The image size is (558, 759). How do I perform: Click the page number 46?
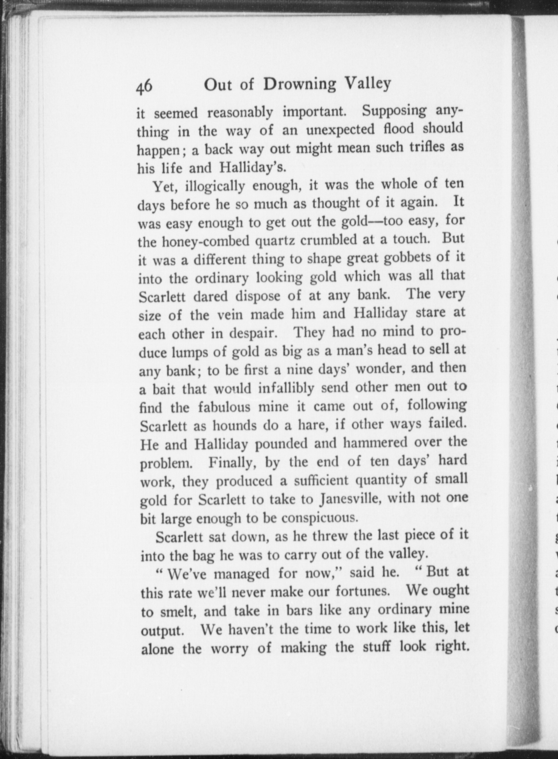click(144, 87)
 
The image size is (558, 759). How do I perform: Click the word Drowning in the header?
click(299, 85)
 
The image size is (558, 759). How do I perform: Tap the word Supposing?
click(394, 111)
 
